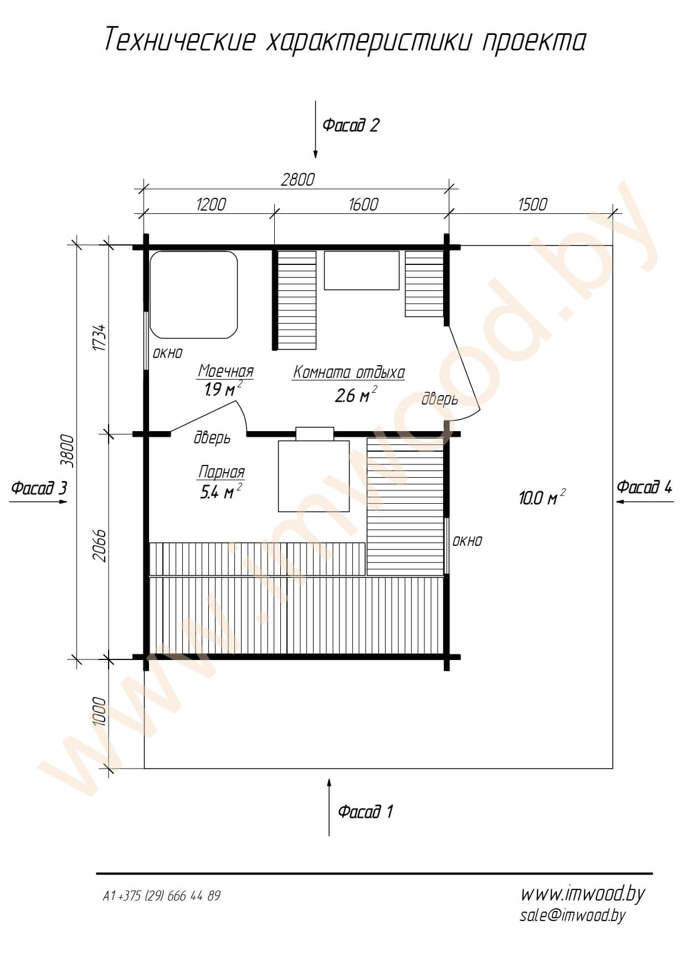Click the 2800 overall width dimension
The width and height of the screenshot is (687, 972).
[298, 180]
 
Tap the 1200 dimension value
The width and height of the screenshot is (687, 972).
[211, 204]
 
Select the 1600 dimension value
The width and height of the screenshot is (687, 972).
[363, 204]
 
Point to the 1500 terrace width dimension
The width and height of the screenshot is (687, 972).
[532, 204]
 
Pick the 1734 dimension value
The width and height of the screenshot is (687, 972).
[99, 337]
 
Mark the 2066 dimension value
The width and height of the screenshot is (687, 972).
[99, 546]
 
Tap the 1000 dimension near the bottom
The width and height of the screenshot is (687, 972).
[99, 711]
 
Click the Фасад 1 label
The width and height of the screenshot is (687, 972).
[366, 812]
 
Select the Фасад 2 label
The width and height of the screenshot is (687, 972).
[351, 125]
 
